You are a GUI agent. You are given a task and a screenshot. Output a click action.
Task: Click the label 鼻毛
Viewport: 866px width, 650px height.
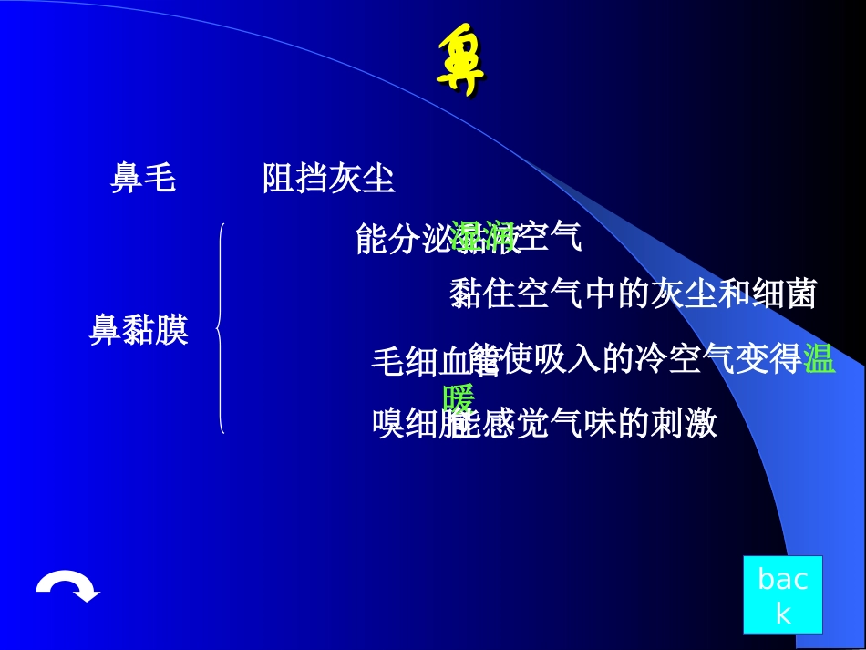pos(143,179)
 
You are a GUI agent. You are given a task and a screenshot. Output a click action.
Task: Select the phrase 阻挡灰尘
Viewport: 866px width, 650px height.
pos(328,179)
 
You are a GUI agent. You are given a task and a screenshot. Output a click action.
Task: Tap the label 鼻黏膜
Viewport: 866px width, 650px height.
pos(139,330)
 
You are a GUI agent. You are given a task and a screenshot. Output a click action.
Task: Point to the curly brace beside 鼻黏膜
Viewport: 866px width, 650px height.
pos(221,328)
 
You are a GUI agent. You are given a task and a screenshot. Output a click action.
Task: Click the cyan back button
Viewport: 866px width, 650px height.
pos(782,594)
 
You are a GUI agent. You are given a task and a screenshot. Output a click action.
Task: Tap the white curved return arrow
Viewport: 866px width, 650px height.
pos(68,588)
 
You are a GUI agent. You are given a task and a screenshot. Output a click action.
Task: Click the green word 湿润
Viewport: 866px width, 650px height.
pos(483,237)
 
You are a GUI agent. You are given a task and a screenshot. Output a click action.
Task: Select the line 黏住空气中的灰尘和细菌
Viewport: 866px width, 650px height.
pos(633,294)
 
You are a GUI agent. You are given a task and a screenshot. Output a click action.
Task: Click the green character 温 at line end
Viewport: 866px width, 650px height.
pos(820,360)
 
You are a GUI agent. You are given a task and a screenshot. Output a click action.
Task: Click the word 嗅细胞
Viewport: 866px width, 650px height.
pos(415,424)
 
